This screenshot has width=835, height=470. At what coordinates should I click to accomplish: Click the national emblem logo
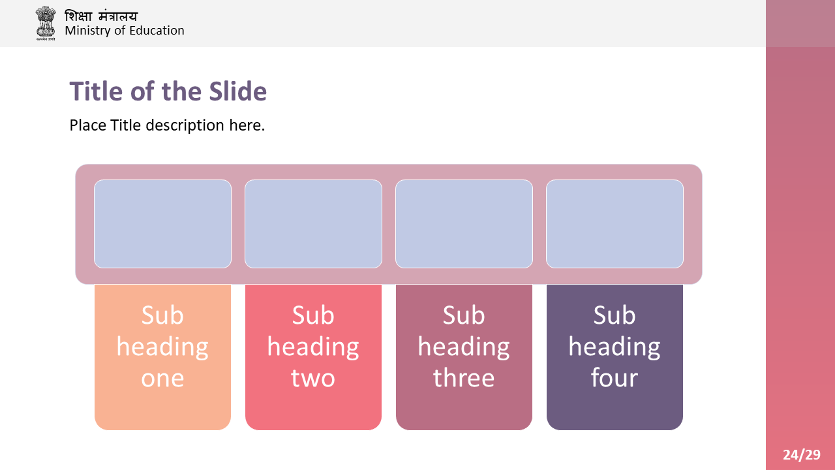(46, 23)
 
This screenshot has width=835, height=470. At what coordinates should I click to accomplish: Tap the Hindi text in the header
(101, 16)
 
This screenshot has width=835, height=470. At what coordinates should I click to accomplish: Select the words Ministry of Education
(125, 31)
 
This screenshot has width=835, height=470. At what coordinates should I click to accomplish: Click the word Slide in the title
(238, 91)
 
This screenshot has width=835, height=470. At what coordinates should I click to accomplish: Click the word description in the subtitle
(185, 126)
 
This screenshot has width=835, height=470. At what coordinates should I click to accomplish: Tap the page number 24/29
(802, 455)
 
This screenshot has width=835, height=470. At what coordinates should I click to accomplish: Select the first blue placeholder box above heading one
(162, 224)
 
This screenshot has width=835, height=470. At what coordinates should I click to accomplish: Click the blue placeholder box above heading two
(313, 224)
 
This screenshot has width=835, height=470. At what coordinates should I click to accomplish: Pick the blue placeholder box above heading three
(464, 224)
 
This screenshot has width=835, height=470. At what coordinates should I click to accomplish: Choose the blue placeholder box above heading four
(615, 224)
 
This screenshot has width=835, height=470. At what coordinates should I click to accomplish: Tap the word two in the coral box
(313, 378)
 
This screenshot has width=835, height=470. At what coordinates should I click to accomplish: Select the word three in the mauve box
(464, 377)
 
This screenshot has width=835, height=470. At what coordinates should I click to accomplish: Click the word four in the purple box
(615, 377)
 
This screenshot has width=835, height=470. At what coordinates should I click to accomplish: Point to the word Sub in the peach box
(162, 315)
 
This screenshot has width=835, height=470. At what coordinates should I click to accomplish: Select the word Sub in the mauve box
(464, 315)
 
